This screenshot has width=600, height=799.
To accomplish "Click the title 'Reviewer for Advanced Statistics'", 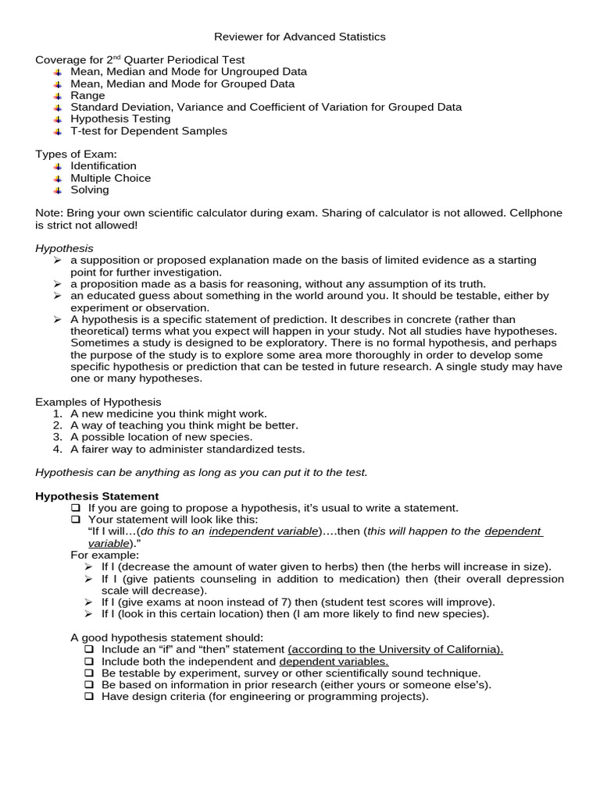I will coord(300,37).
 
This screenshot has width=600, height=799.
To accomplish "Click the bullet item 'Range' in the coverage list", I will coord(87,95).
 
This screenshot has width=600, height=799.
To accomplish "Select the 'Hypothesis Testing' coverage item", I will coord(120,119).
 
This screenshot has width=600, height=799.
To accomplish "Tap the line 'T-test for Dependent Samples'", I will coord(148,131).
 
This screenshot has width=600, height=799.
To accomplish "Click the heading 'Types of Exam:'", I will coord(76,154).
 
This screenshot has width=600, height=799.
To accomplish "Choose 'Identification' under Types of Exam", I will coord(103,165).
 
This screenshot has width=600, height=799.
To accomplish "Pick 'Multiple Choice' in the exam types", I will coord(110,178).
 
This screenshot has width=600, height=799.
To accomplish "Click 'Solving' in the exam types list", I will coord(90,190).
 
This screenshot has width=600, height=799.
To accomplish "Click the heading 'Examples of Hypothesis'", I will coord(98,402).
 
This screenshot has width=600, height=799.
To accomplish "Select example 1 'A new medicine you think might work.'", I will coord(168,414).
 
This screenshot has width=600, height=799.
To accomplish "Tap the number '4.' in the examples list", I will coord(57,449).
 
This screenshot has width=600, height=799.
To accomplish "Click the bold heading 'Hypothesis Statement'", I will coord(97,496).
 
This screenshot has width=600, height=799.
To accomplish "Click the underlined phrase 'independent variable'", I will coord(263,531).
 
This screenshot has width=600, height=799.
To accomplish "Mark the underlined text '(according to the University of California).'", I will coord(395,649).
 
